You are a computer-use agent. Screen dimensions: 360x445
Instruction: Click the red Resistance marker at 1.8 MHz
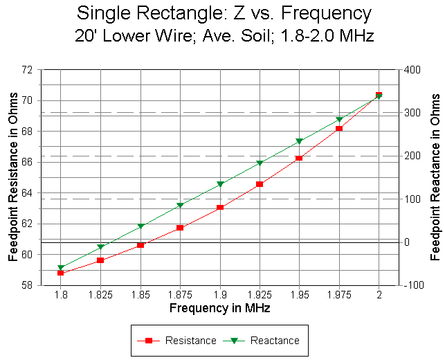[x=61, y=273]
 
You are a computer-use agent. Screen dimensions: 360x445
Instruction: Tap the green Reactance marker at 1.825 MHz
[x=100, y=247]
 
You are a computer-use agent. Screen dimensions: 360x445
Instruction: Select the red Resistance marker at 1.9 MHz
[x=220, y=208]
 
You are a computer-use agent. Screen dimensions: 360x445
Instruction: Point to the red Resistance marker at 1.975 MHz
[x=339, y=128]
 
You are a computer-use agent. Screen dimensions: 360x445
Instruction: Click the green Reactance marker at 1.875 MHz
[x=180, y=206]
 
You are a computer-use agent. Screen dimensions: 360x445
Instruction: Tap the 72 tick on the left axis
[x=27, y=70]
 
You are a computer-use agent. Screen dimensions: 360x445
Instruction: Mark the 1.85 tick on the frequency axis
[x=140, y=295]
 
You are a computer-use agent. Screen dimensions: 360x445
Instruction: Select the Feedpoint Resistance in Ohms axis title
[x=13, y=177]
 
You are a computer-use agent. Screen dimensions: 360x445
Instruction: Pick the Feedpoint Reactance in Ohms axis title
[x=435, y=177]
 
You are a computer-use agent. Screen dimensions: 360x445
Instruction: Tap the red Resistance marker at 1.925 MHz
[x=260, y=184]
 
